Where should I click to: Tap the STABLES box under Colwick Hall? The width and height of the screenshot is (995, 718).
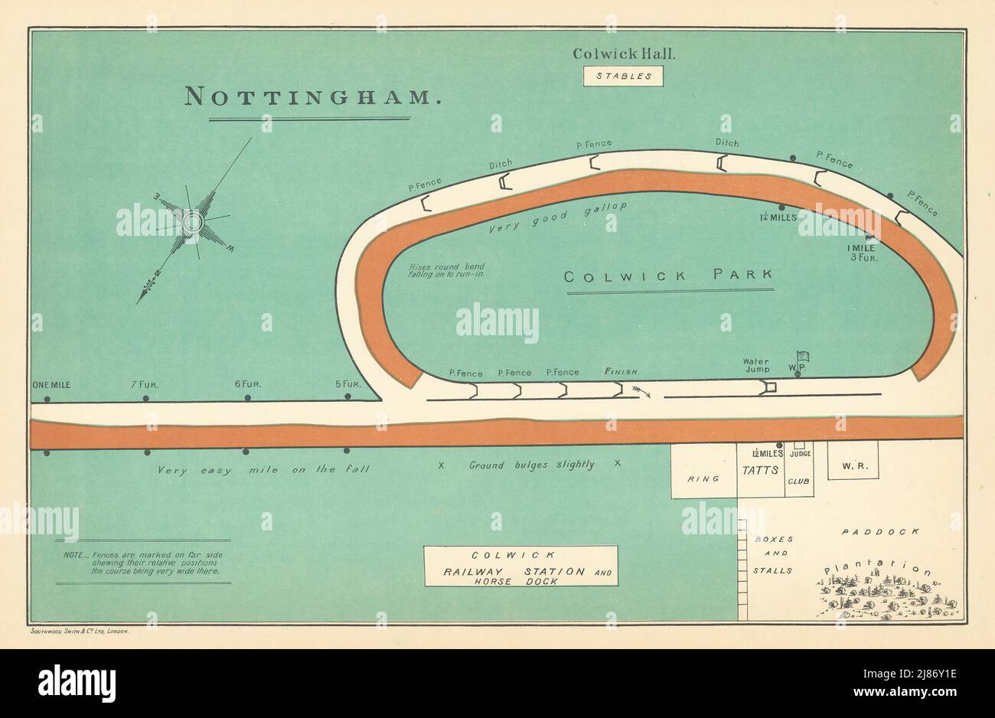pos(623,76)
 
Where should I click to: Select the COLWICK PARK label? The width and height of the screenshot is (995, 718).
pos(669,276)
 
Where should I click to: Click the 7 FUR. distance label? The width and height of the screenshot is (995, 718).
pos(144,384)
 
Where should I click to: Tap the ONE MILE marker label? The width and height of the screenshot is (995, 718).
pos(51,384)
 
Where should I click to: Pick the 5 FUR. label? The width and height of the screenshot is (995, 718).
pos(348,384)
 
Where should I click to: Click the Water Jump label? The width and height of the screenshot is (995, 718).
pos(755,366)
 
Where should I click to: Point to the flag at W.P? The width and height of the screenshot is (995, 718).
pos(802,357)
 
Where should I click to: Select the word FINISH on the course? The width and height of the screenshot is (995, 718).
pos(621,372)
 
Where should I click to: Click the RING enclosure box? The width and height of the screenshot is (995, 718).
pos(703,478)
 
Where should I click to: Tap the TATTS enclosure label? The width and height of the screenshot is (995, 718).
pos(760,470)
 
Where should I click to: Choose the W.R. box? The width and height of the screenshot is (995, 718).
pos(851,465)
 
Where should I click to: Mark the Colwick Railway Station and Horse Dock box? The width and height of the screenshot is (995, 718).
pos(520,566)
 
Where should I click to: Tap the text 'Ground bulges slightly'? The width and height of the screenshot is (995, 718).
pos(531,465)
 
